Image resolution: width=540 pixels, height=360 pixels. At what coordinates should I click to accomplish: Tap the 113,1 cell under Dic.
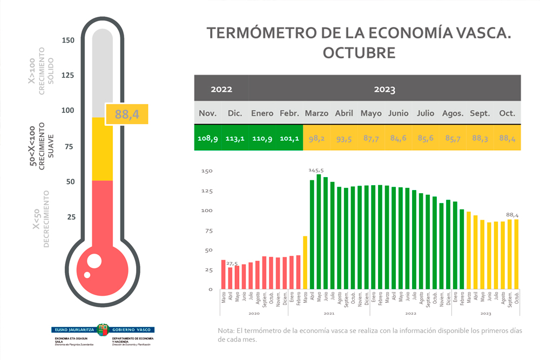[x=235, y=139]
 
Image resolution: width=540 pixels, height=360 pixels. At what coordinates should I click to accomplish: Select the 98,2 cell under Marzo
[x=316, y=139]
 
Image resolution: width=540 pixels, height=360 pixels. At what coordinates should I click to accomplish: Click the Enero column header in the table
[x=262, y=113]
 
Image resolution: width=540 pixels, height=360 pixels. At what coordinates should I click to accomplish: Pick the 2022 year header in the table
[x=221, y=90]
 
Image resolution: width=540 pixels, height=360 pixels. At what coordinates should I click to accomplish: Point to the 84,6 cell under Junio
[x=398, y=139]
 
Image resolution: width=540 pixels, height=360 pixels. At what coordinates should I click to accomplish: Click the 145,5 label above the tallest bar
[x=316, y=170]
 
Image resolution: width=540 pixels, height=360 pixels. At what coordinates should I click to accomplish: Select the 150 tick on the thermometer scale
[x=68, y=40]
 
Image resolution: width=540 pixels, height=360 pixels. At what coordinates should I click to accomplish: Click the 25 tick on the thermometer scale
[x=70, y=217]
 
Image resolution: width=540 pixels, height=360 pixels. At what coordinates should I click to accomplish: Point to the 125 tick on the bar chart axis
[x=207, y=191]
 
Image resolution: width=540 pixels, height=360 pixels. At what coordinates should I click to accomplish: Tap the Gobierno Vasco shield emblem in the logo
[x=103, y=329]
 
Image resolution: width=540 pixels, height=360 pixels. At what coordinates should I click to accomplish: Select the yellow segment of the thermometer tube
[x=103, y=148]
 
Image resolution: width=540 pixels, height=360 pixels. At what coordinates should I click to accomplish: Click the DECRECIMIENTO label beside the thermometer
[x=46, y=219]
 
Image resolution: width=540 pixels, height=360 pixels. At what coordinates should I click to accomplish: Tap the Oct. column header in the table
[x=507, y=113]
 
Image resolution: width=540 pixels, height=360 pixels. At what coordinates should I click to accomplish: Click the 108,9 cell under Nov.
[x=208, y=139]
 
